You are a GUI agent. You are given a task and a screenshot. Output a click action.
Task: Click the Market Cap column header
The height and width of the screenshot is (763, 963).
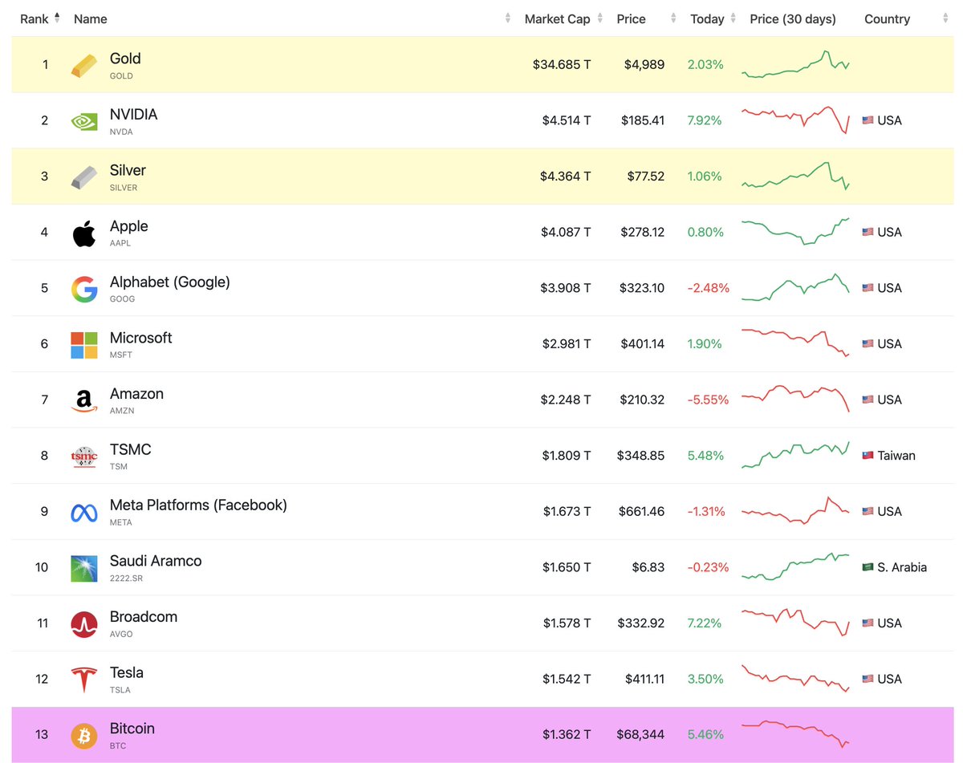tap(557, 19)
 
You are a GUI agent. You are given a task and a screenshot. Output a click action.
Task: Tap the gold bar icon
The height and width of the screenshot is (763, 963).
tap(83, 65)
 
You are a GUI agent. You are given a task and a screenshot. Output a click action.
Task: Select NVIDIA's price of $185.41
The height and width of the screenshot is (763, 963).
tap(642, 120)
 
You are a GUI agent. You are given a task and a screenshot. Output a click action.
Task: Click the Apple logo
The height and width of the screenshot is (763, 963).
tap(83, 233)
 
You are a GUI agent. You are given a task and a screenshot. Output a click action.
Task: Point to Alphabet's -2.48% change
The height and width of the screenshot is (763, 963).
tap(708, 288)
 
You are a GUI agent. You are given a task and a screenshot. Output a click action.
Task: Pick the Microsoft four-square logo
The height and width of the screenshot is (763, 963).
tap(83, 344)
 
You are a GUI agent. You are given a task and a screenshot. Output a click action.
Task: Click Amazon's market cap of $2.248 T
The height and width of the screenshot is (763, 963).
tap(567, 400)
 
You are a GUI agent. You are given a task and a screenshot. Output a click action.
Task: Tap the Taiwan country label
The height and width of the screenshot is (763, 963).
tap(896, 456)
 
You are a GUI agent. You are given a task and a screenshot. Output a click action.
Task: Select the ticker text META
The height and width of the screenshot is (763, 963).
tap(121, 522)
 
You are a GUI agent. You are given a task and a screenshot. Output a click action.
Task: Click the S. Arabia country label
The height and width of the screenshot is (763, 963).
tap(901, 567)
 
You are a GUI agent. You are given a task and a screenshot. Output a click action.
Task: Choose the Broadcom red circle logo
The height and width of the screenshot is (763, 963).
tap(83, 623)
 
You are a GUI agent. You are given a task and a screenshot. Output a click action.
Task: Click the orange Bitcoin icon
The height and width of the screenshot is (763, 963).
tap(83, 735)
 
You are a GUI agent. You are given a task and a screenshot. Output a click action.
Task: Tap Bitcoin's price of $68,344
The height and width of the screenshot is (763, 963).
tap(640, 735)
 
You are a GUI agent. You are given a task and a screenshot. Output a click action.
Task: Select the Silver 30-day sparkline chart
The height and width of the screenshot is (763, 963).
tap(794, 176)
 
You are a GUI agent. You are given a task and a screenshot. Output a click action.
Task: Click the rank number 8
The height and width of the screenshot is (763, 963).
tap(44, 456)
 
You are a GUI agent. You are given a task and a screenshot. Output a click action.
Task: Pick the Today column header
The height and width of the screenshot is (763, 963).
tap(707, 19)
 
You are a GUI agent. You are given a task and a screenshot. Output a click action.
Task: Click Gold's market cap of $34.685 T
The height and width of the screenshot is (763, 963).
tap(562, 65)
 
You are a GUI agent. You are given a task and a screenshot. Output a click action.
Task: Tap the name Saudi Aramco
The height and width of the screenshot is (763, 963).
tap(156, 561)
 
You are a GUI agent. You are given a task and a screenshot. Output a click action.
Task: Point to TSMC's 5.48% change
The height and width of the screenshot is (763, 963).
tap(705, 456)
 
